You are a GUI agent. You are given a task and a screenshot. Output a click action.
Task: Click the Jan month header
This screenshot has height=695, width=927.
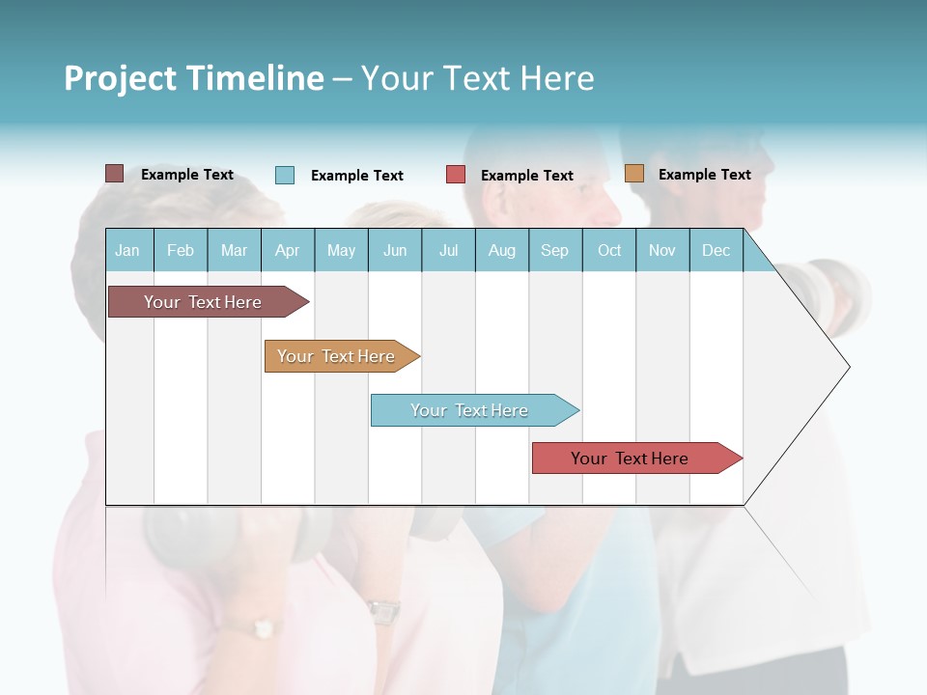[127, 251]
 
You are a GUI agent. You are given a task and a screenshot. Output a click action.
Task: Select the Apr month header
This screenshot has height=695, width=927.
[287, 251]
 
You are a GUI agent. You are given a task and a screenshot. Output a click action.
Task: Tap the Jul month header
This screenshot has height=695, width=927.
[448, 251]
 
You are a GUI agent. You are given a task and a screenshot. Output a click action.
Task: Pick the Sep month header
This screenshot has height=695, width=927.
[554, 251]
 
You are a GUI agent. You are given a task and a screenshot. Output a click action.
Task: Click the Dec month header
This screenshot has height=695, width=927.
[716, 251]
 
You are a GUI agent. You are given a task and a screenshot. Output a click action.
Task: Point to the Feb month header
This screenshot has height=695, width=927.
[181, 251]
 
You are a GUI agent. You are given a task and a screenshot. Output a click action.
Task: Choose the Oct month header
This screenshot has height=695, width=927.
[609, 251]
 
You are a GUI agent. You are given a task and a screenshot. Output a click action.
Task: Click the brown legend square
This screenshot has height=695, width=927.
[114, 174]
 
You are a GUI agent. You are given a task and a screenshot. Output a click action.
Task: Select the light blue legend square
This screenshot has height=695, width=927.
[285, 175]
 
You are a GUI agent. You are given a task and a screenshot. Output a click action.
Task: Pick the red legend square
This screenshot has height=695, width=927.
[456, 175]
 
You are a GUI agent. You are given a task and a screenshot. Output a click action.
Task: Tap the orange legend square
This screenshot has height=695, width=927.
[633, 174]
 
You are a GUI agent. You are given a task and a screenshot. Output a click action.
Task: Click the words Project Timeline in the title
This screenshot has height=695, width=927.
[193, 78]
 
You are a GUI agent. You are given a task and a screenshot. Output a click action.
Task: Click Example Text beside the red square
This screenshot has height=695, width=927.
[526, 176]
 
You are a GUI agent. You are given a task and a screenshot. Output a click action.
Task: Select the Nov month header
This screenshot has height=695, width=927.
[662, 251]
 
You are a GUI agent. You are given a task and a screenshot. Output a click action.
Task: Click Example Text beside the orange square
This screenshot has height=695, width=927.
[704, 175]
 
